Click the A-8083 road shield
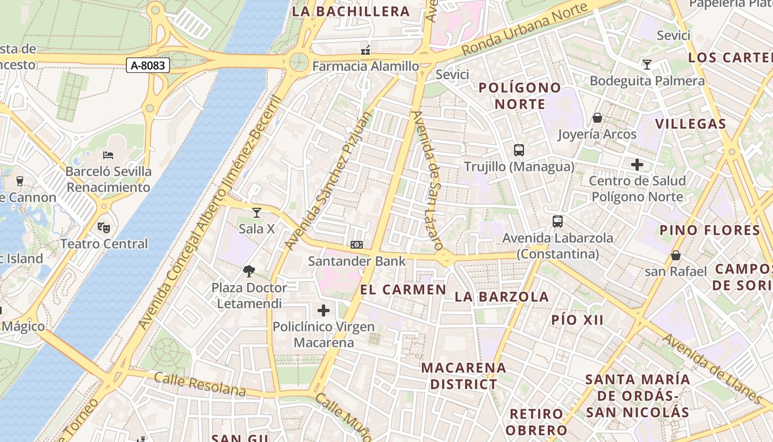(147, 65)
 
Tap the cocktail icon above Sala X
(257, 212)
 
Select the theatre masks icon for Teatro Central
(104, 227)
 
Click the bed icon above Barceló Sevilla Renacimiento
(108, 155)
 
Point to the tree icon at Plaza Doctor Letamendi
(249, 271)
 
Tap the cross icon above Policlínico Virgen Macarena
(324, 310)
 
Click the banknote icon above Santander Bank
(357, 244)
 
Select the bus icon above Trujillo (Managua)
(519, 150)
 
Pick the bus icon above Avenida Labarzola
(558, 222)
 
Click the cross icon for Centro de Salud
(637, 164)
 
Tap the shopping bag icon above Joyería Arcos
(597, 118)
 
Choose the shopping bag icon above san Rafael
(675, 255)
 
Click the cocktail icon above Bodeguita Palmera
(647, 65)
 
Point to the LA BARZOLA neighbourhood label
(501, 297)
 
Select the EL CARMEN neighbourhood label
(403, 290)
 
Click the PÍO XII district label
(578, 320)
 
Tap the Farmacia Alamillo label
(366, 66)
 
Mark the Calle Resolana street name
(200, 385)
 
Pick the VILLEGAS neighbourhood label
(691, 124)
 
